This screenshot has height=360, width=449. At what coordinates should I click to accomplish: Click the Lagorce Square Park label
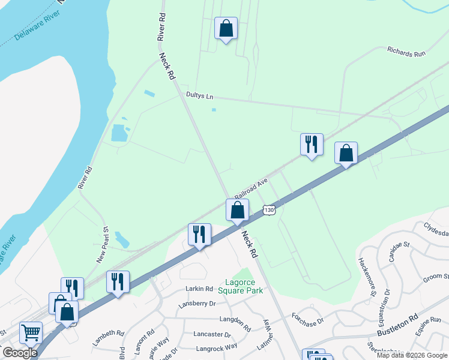240,286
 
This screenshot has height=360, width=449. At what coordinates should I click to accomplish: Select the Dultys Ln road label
200,96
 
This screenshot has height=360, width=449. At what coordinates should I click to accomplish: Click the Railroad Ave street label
251,187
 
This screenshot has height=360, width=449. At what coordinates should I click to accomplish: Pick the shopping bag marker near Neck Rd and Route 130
238,210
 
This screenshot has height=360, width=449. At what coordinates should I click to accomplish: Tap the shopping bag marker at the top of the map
226,28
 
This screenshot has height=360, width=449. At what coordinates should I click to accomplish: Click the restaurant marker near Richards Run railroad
312,145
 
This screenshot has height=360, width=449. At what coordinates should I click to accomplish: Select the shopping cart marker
31,332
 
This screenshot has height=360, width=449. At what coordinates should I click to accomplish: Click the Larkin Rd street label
200,289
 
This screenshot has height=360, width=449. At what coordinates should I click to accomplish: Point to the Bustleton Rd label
397,325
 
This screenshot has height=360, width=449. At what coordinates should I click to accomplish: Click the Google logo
20,353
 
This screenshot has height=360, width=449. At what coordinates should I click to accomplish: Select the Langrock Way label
215,346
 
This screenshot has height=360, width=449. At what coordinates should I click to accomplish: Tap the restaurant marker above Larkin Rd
199,234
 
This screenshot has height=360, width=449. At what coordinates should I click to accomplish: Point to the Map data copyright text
411,355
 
